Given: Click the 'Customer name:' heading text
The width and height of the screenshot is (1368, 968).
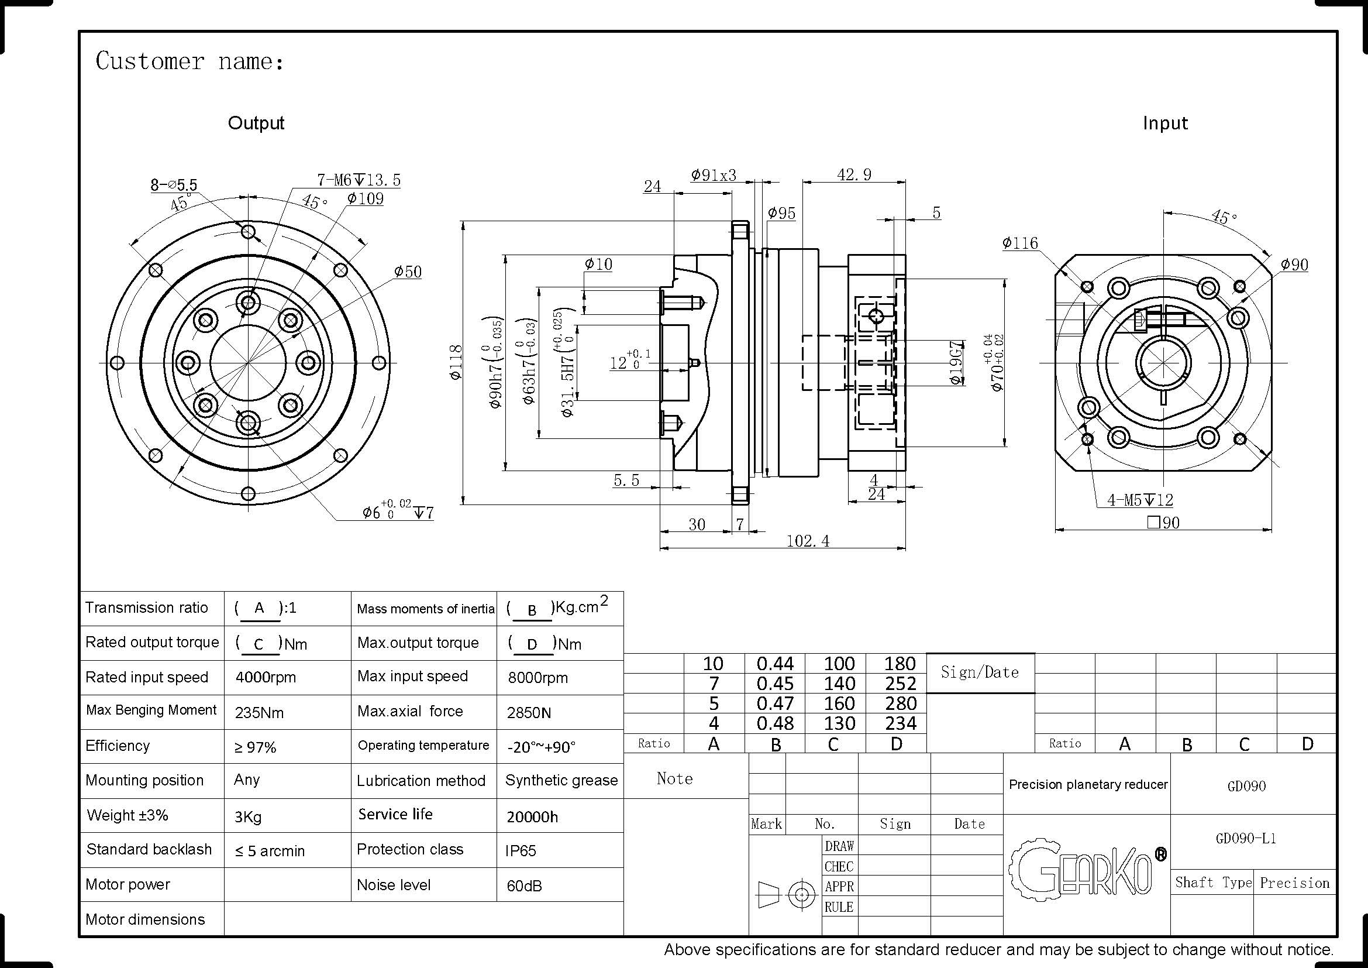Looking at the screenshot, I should click(x=189, y=61).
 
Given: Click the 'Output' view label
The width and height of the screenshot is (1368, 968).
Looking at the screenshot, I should click(x=256, y=123).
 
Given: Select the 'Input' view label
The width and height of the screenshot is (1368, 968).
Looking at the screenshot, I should click(x=1165, y=123).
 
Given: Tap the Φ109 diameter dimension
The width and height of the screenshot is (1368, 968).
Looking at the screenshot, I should click(x=365, y=198).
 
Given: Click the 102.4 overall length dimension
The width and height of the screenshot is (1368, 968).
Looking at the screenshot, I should click(x=807, y=541).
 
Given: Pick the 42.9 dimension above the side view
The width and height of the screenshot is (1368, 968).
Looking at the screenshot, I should click(x=854, y=174).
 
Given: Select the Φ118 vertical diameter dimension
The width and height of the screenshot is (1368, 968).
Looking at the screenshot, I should click(x=456, y=362).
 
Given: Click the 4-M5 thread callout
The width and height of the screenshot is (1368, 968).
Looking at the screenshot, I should click(x=1139, y=500).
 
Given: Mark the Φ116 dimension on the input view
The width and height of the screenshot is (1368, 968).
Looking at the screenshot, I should click(x=1019, y=243).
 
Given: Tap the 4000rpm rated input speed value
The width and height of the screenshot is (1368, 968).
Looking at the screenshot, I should click(x=266, y=678).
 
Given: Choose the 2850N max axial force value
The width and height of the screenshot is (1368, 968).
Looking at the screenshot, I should click(x=529, y=712).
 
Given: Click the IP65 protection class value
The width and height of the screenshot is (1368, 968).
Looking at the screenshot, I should click(x=521, y=850).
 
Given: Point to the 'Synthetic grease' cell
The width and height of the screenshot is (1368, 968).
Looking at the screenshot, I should click(x=561, y=781).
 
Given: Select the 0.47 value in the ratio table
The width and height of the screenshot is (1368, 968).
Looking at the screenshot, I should click(x=774, y=703).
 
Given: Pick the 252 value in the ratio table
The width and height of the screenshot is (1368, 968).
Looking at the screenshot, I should click(x=900, y=684).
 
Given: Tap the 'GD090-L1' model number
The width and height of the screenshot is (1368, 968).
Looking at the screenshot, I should click(x=1246, y=839).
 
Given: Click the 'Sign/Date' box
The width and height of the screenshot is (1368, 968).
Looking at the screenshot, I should click(x=980, y=672).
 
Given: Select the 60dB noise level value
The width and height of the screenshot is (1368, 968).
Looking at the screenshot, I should click(x=524, y=885).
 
